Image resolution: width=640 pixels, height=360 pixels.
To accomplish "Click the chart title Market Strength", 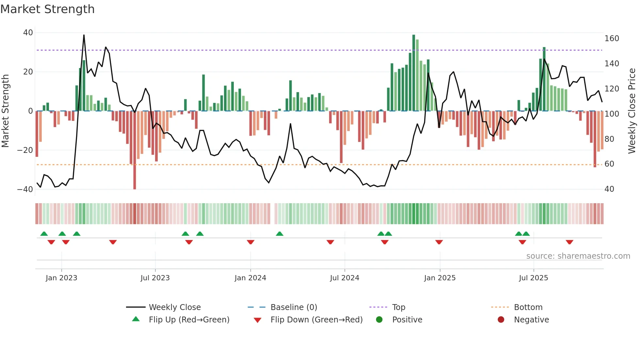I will pos(47,9).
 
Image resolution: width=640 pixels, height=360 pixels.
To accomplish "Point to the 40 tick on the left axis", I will pos(28,33).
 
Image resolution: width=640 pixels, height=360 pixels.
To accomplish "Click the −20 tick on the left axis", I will pos(25,150).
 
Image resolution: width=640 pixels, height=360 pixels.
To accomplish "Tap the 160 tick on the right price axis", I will pos(612,39).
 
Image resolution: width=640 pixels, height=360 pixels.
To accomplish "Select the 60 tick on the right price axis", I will pos(609,164).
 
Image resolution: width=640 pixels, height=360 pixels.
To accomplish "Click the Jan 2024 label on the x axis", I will pos(250,278).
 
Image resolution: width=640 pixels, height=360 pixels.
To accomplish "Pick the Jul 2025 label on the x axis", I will pos(533,278).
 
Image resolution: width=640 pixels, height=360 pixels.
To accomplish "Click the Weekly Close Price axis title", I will pos(632,111).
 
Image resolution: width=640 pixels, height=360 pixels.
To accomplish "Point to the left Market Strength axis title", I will pos(5,111).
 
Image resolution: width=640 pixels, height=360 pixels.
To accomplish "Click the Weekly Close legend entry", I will pos(175,307).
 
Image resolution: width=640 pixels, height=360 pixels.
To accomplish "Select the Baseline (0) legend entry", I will pos(294,307).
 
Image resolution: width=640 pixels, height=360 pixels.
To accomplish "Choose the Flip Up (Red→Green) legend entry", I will pos(189,320).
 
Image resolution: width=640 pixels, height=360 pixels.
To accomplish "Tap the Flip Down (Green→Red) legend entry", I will pos(316,320).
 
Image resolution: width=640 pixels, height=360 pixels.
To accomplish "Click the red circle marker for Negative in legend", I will pos(501,319).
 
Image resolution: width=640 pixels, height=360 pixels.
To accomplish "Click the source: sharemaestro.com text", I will pos(578,256).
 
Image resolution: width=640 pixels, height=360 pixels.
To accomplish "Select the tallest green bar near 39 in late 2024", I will pos(414,72).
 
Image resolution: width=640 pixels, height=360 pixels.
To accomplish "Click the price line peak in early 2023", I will pos(84,35).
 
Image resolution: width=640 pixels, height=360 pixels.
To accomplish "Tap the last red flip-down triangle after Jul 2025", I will pos(569,242).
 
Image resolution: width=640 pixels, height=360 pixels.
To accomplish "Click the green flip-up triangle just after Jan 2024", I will pos(280,234).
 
